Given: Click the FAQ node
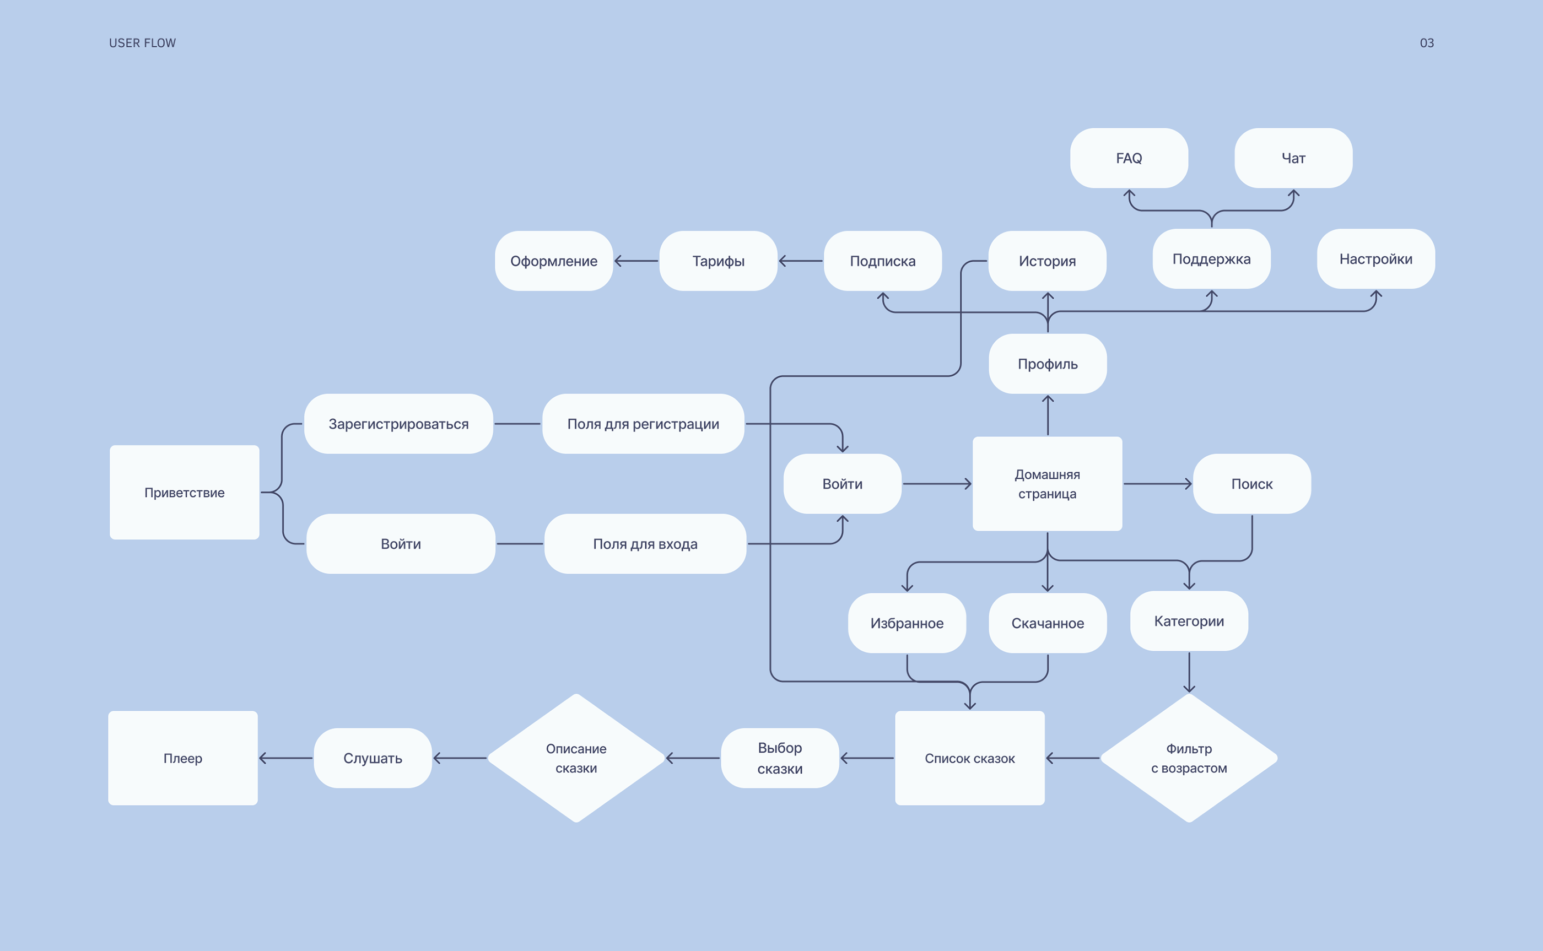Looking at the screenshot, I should point(1129,158).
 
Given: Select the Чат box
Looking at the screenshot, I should point(1293,158).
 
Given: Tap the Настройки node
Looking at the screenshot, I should point(1375,258).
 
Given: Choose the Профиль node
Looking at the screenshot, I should point(1048,364).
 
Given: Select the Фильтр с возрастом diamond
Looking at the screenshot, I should point(1188,758).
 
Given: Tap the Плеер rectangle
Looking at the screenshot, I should point(183,758).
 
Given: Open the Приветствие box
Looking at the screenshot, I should point(184,493).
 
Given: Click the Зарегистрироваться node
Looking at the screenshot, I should point(398,424).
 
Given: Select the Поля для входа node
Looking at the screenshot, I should point(645,543).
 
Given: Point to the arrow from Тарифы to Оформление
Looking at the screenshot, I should point(636,261).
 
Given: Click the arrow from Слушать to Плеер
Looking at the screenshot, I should point(285,758).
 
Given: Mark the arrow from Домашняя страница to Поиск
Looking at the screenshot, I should point(1157,484).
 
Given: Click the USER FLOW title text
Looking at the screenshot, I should point(142,43).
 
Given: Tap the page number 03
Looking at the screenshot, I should point(1427,43).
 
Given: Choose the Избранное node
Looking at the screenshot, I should point(907,623).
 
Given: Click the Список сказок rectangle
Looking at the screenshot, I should point(969,758).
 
